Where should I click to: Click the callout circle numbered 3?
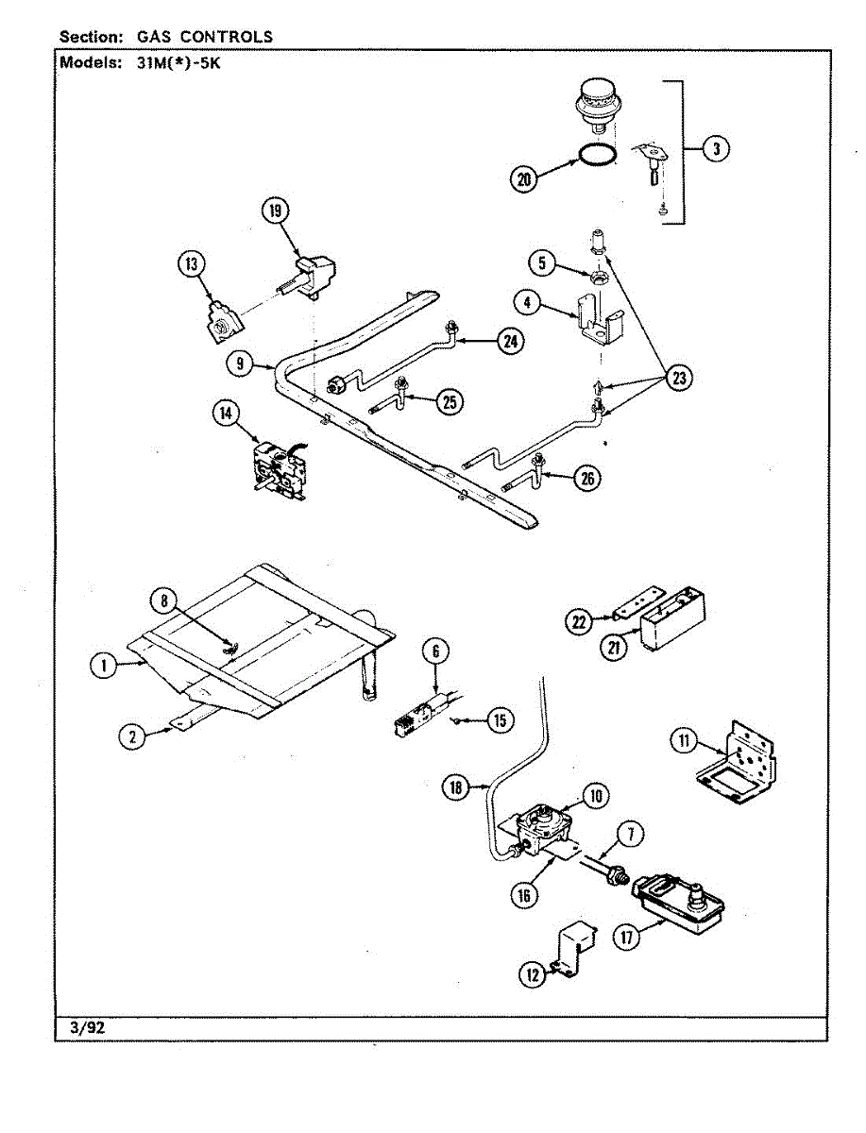(716, 149)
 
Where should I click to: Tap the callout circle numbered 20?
(523, 179)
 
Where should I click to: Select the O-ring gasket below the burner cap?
(596, 156)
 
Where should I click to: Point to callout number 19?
(276, 211)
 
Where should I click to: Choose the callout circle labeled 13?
(191, 264)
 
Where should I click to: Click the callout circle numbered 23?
(679, 378)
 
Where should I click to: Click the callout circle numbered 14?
(226, 414)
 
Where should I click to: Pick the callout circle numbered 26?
(587, 479)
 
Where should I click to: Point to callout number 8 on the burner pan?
(164, 601)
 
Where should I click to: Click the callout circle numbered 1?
(104, 666)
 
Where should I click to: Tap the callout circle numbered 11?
(684, 741)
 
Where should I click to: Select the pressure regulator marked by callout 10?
(543, 832)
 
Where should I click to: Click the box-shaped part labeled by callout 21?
(672, 617)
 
